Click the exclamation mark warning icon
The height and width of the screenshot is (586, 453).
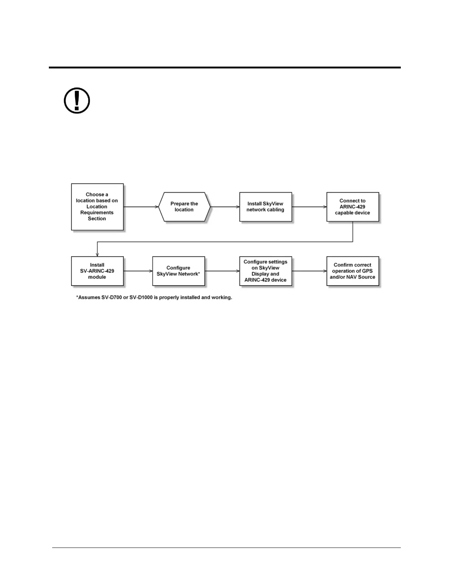77,101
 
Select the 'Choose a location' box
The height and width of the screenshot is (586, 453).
97,206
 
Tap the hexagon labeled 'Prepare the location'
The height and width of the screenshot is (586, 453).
184,207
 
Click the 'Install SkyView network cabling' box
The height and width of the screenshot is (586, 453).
265,207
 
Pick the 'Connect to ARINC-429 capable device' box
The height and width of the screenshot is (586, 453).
352,207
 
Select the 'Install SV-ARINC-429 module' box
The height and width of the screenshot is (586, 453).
97,271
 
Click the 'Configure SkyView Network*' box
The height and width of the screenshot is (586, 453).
178,271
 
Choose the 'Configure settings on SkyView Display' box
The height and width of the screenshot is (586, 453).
265,271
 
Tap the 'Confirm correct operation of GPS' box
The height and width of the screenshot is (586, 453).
352,271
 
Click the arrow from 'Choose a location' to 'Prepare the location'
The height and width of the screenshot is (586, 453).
141,207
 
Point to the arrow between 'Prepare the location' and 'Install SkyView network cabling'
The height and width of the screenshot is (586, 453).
225,207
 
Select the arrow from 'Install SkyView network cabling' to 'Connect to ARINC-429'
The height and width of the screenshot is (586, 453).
309,207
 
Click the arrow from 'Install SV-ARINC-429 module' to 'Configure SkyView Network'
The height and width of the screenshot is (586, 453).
138,271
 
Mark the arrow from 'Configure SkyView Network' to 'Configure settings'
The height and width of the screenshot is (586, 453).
222,271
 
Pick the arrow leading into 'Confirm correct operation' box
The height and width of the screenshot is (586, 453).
309,271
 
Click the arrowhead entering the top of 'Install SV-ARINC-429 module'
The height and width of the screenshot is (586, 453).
97,254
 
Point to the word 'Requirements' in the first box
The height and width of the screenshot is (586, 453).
97,213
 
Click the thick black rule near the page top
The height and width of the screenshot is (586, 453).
225,68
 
